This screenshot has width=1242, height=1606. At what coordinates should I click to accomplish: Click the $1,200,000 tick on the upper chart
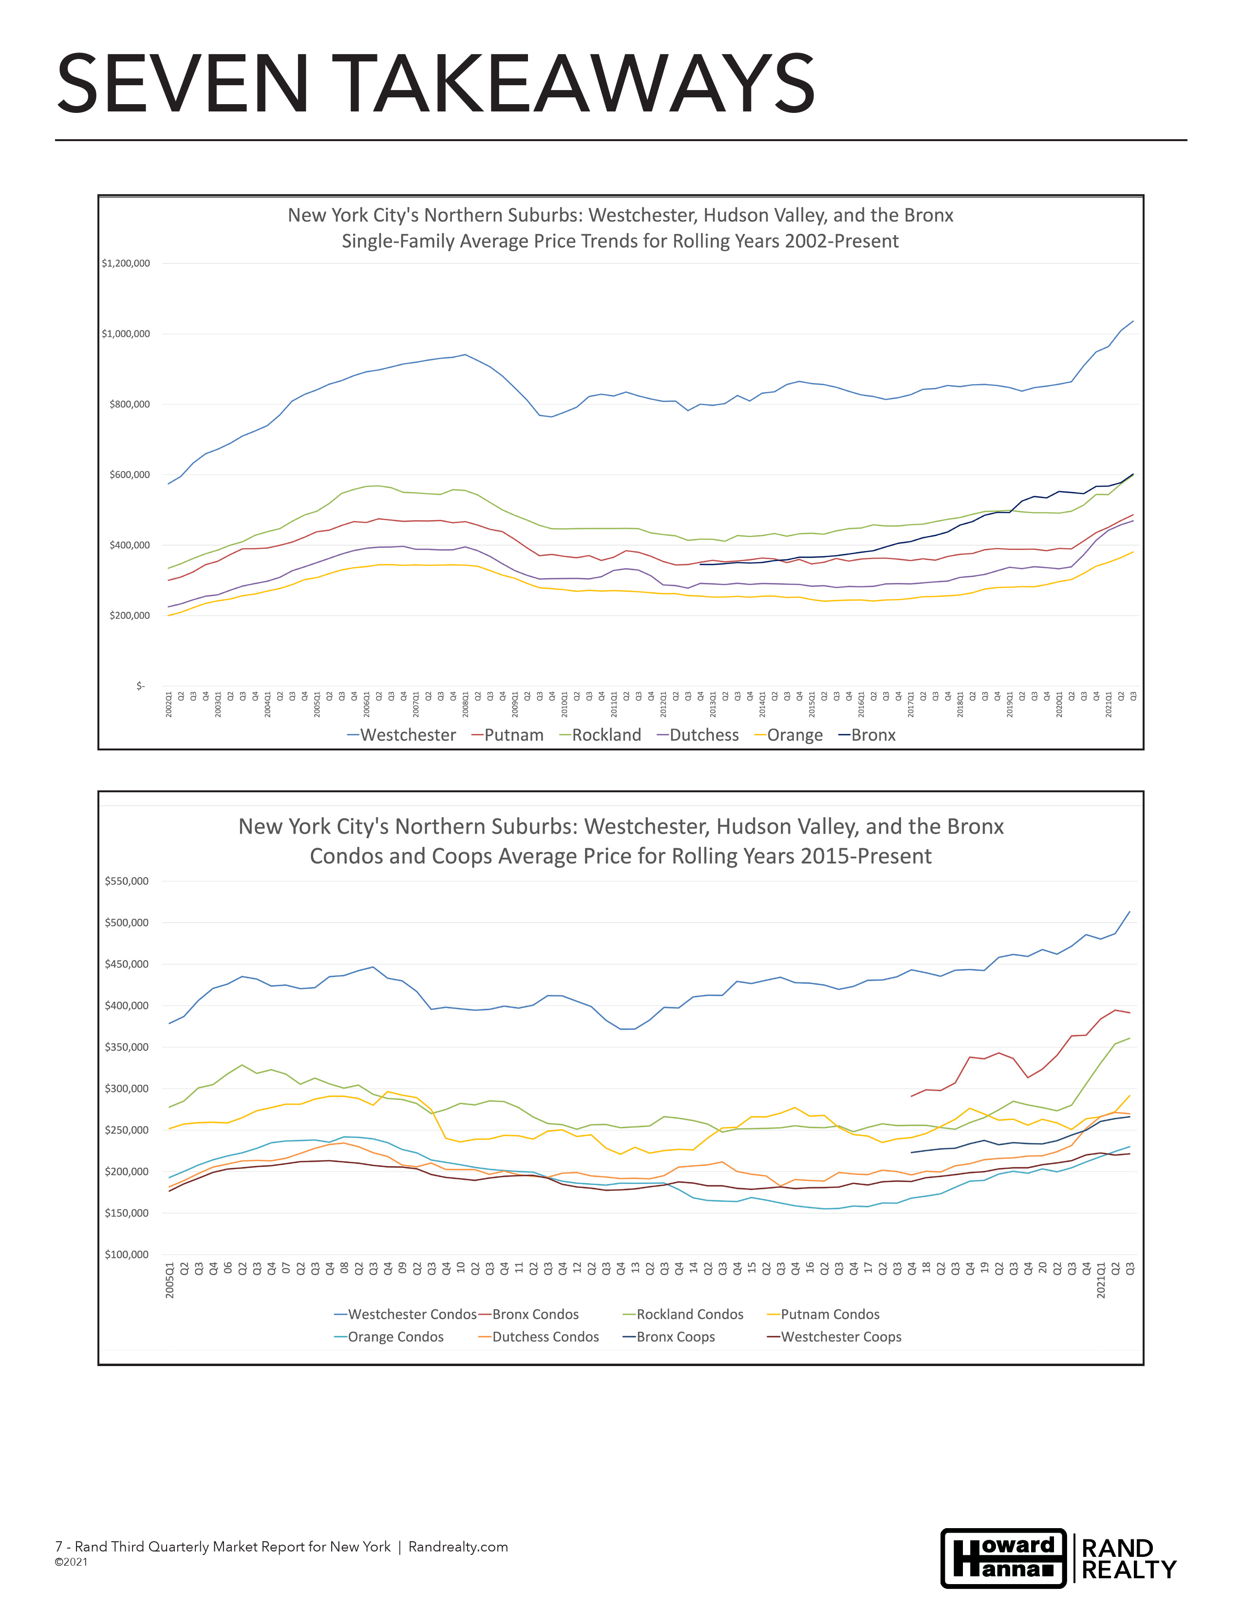pyautogui.click(x=126, y=263)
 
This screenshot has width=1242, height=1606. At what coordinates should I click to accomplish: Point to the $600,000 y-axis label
pyautogui.click(x=130, y=475)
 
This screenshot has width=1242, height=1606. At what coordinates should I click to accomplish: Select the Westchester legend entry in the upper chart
pyautogui.click(x=402, y=734)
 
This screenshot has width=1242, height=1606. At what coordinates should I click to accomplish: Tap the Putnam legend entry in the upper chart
pyautogui.click(x=508, y=734)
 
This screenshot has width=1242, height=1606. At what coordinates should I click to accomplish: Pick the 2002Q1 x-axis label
pyautogui.click(x=169, y=704)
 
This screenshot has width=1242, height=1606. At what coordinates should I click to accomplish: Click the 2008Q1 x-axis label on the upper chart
pyautogui.click(x=466, y=704)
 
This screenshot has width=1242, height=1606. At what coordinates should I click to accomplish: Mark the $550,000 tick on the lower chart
pyautogui.click(x=127, y=881)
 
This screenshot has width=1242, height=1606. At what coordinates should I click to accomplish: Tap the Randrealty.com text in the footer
pyautogui.click(x=458, y=1547)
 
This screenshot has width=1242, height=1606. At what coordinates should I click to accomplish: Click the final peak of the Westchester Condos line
pyautogui.click(x=1129, y=912)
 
